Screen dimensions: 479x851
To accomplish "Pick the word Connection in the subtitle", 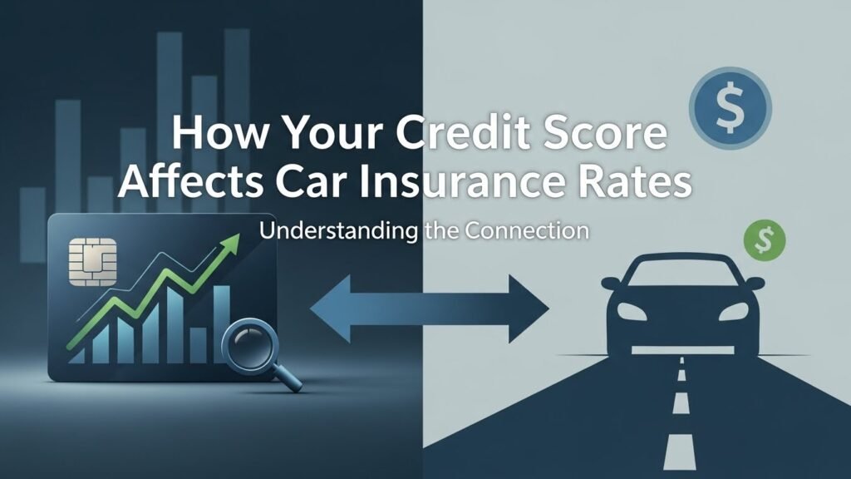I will [524, 230].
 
